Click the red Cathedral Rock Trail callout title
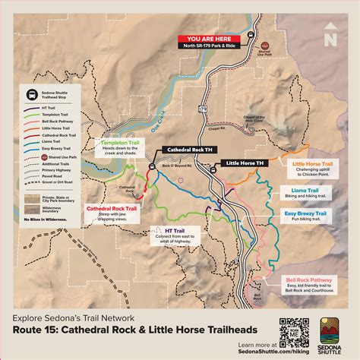(111, 208)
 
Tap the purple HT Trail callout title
(174, 229)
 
